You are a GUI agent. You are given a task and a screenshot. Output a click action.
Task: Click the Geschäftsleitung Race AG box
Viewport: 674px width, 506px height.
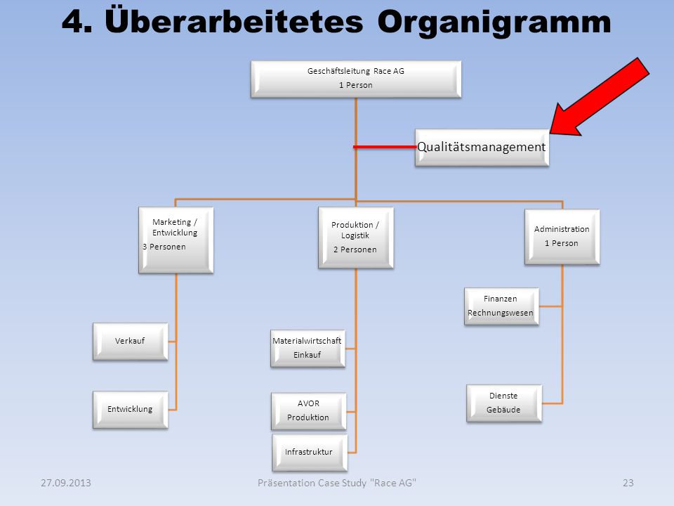pos(356,79)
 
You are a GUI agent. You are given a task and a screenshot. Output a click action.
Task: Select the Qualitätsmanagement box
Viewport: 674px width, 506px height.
pos(482,148)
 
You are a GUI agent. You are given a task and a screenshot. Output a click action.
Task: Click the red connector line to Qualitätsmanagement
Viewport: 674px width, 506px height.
pos(385,147)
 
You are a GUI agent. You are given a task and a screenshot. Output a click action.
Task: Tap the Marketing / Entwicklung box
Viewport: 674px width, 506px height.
pos(176,240)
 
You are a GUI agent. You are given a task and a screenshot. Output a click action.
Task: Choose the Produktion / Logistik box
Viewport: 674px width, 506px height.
pos(356,238)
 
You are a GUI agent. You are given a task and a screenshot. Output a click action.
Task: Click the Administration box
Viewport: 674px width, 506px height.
pos(562,237)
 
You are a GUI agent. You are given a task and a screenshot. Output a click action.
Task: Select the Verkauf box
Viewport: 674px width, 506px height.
pos(131,342)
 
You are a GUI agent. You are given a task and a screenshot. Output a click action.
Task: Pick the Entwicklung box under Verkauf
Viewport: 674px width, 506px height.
pos(131,410)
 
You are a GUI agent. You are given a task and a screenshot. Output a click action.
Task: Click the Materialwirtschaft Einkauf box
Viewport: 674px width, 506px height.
pos(308,349)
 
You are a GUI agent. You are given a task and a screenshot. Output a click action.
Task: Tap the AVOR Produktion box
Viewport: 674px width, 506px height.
pos(309,411)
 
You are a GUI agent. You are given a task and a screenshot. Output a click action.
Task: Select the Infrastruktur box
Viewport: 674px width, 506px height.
pos(310,453)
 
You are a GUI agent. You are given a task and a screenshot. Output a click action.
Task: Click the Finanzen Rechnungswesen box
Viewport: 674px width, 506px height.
pos(501,306)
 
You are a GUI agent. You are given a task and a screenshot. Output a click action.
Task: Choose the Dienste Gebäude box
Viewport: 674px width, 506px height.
pos(504,403)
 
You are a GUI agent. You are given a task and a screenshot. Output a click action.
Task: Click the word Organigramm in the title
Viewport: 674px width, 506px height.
pos(494,23)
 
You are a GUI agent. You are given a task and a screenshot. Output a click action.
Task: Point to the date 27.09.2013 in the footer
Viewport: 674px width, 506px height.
pos(66,483)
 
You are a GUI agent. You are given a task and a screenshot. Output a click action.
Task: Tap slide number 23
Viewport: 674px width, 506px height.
pos(628,483)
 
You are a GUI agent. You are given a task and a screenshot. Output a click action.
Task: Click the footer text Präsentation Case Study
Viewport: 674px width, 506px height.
pos(312,484)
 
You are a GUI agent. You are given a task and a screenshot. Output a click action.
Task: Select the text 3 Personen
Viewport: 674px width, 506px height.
pos(164,247)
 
